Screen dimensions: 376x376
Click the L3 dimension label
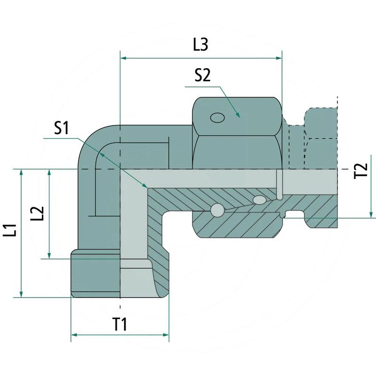click(201, 44)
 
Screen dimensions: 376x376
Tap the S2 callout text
click(203, 75)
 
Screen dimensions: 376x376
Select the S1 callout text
click(62, 128)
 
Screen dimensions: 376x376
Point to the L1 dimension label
click(10, 230)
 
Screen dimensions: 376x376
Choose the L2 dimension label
click(38, 213)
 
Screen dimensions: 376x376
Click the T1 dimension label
click(119, 324)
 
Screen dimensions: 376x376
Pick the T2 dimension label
click(361, 170)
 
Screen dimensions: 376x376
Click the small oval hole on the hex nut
click(217, 118)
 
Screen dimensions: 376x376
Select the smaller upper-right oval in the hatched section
click(259, 200)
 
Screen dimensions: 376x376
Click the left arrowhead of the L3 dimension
click(123, 58)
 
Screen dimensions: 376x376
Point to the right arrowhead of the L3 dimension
click(279, 58)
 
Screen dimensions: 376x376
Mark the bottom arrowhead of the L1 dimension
click(21, 294)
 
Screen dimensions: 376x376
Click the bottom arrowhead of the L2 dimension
click(49, 256)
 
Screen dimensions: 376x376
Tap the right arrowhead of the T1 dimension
click(166, 335)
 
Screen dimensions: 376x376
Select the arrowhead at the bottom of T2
click(371, 215)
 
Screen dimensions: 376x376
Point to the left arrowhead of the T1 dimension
click(74, 335)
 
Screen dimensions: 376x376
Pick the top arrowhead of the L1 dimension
click(21, 172)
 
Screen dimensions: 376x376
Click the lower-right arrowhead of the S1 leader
click(144, 185)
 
